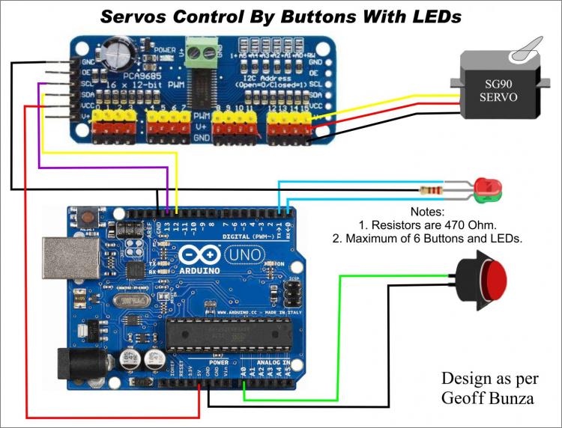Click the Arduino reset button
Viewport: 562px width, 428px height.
[x=88, y=217]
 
